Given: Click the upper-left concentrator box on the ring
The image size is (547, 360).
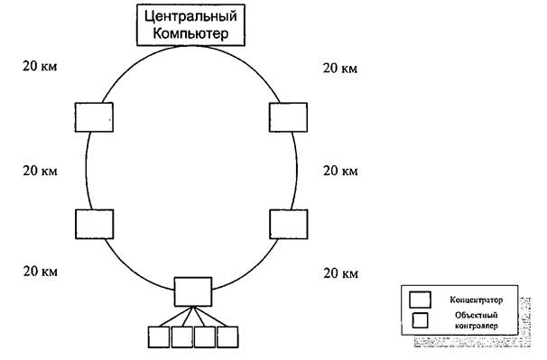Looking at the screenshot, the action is pyautogui.click(x=93, y=117).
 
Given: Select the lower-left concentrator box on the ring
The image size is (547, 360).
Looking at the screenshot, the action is pyautogui.click(x=93, y=223).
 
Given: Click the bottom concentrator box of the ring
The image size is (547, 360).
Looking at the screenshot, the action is pyautogui.click(x=192, y=291).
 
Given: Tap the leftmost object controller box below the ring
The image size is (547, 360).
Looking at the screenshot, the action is pyautogui.click(x=159, y=337).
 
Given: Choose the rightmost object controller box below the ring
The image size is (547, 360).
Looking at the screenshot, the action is pyautogui.click(x=228, y=337).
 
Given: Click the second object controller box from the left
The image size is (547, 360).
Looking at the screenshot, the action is pyautogui.click(x=182, y=337).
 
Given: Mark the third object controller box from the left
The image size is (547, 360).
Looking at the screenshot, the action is pyautogui.click(x=205, y=337).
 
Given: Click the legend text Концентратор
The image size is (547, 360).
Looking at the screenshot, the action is pyautogui.click(x=475, y=299).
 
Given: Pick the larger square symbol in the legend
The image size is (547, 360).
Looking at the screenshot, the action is pyautogui.click(x=420, y=300).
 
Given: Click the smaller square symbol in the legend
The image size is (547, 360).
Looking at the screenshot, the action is pyautogui.click(x=420, y=319).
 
